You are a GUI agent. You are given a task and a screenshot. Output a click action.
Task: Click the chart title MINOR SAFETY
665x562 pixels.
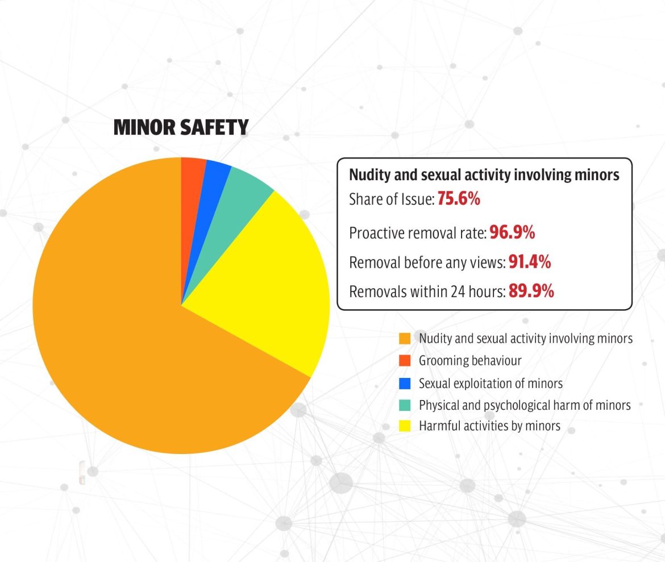tap(181, 127)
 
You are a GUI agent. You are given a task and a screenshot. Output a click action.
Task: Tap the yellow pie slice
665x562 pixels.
tap(267, 284)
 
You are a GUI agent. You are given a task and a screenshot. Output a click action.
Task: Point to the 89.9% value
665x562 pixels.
tap(531, 292)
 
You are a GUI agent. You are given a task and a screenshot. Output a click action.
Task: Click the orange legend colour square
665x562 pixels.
tap(405, 339)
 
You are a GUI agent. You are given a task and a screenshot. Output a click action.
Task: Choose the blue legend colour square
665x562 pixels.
tap(405, 384)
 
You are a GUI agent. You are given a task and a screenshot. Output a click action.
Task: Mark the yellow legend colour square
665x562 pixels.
tap(405, 426)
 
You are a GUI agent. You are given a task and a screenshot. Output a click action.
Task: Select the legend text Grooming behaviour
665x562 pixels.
tap(470, 360)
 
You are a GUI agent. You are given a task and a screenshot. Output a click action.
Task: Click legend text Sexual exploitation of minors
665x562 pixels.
tap(491, 384)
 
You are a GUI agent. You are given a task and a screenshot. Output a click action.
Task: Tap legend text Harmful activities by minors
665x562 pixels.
tap(489, 426)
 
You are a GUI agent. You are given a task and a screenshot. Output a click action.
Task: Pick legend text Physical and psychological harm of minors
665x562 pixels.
tap(525, 405)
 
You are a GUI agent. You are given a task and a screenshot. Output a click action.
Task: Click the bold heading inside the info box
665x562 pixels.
tap(484, 175)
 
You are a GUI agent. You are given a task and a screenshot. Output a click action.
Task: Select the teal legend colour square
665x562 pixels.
tap(405, 405)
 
